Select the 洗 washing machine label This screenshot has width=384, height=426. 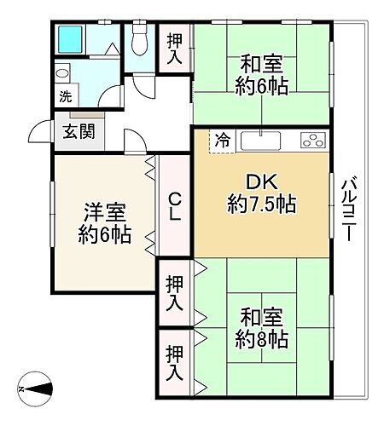[65, 97]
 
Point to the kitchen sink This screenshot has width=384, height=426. [259, 139]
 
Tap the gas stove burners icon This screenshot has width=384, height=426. [311, 140]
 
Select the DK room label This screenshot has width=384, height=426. [261, 182]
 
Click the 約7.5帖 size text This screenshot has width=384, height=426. [261, 204]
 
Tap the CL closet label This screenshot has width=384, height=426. [173, 207]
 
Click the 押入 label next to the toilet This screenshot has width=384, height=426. [173, 48]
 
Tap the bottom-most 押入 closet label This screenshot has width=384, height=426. [173, 364]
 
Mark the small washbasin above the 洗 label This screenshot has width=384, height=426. [61, 72]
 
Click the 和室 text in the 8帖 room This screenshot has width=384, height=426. [263, 316]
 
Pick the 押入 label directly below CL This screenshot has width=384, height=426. [173, 291]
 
